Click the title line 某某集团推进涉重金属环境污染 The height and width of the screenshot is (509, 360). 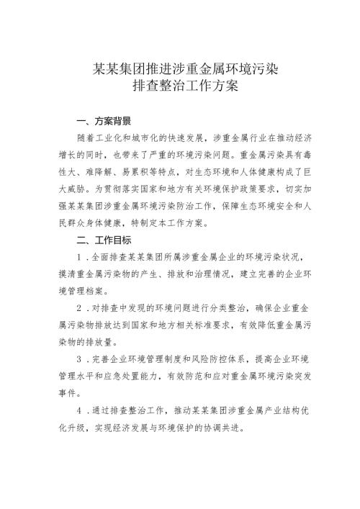click(180, 71)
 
